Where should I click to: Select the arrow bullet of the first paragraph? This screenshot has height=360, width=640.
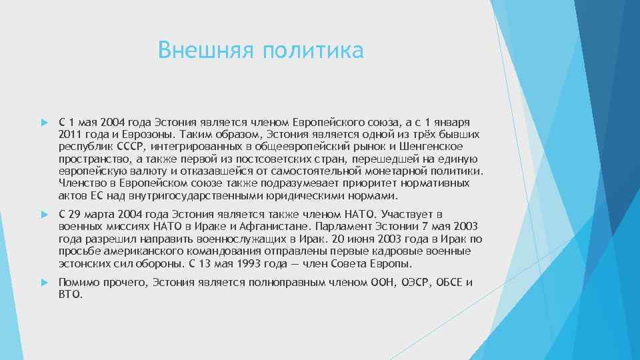click(x=44, y=123)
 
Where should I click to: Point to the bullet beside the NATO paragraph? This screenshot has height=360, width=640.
click(x=44, y=214)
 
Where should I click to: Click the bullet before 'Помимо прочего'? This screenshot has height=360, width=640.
click(x=44, y=283)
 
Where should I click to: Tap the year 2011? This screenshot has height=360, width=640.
click(x=69, y=135)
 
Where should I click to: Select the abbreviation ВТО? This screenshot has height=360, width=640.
click(x=70, y=294)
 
